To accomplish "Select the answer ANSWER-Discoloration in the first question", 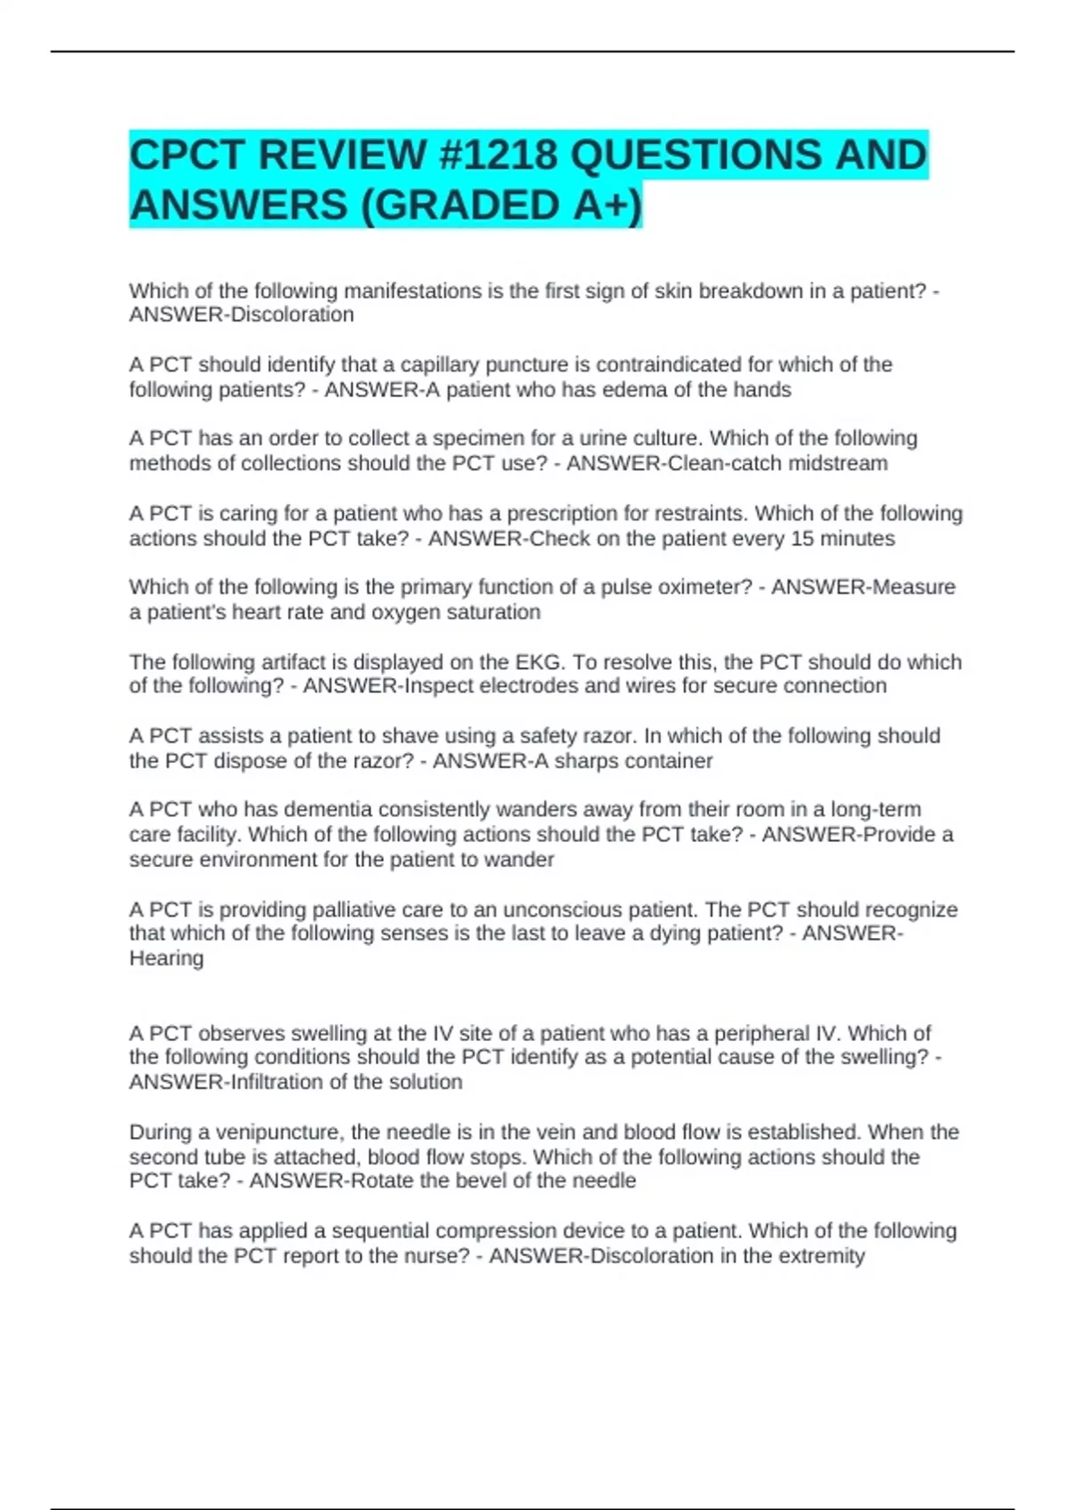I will (x=242, y=314).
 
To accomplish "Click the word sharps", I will (x=585, y=760).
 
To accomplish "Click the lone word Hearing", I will (x=166, y=958).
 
